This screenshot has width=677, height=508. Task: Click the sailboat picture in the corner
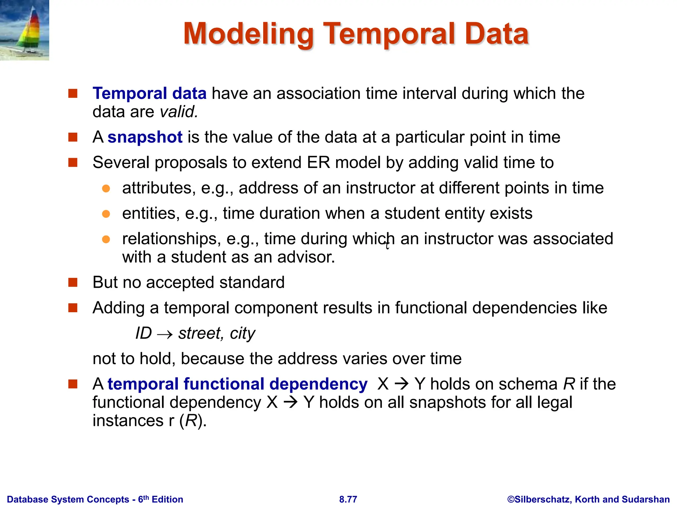pyautogui.click(x=24, y=30)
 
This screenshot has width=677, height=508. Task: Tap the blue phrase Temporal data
pyautogui.click(x=149, y=93)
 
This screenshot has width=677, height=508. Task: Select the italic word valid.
pyautogui.click(x=179, y=112)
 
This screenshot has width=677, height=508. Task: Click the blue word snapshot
pyautogui.click(x=145, y=137)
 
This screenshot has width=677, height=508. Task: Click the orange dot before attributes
pyautogui.click(x=106, y=189)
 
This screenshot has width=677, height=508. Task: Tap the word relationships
pyautogui.click(x=171, y=239)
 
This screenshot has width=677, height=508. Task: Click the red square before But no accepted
pyautogui.click(x=73, y=282)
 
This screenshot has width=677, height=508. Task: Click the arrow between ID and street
pyautogui.click(x=165, y=334)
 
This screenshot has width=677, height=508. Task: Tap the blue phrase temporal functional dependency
pyautogui.click(x=237, y=384)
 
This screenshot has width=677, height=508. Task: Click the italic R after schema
pyautogui.click(x=569, y=384)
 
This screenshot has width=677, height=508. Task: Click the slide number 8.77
pyautogui.click(x=348, y=499)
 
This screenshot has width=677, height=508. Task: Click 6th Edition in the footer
pyautogui.click(x=161, y=499)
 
